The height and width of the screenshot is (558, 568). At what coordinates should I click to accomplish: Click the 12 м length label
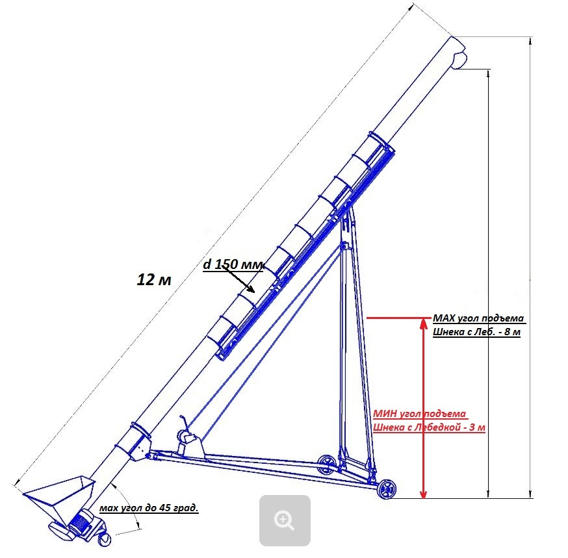click(154, 280)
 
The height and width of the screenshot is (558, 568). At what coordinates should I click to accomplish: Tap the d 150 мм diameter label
click(233, 264)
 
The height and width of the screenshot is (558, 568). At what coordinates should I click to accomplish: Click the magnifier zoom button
click(285, 520)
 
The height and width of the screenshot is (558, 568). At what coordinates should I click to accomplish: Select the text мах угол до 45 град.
click(149, 508)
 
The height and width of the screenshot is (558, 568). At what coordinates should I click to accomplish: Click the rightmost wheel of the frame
click(387, 489)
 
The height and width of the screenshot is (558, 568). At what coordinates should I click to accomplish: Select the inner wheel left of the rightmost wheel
click(327, 464)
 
